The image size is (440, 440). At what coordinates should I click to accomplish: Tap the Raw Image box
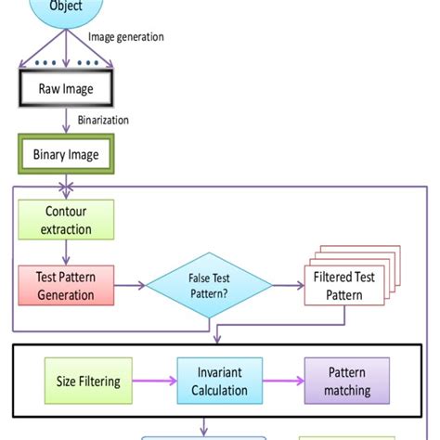pyautogui.click(x=66, y=88)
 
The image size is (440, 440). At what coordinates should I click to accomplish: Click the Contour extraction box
pyautogui.click(x=66, y=219)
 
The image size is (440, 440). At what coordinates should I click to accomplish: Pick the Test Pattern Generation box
pyautogui.click(x=66, y=286)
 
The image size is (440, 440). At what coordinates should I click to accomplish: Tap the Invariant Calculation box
pyautogui.click(x=220, y=382)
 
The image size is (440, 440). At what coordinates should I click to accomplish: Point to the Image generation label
pyautogui.click(x=126, y=38)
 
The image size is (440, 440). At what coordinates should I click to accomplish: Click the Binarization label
pyautogui.click(x=103, y=120)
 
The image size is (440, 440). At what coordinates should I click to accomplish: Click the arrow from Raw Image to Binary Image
pyautogui.click(x=66, y=122)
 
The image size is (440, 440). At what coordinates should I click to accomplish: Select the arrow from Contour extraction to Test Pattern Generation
pyautogui.click(x=66, y=252)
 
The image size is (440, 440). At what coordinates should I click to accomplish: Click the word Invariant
pyautogui.click(x=220, y=374)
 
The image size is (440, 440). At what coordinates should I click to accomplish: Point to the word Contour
pyautogui.click(x=66, y=212)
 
